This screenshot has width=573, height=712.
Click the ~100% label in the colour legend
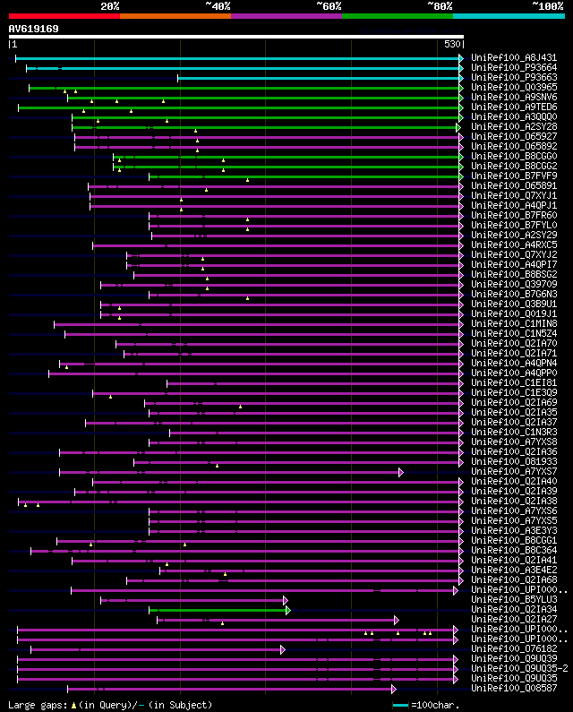pos(547,5)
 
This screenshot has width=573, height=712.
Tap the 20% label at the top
pos(110,5)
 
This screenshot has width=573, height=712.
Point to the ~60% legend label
pos(329,5)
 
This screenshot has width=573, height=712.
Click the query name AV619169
pos(34,29)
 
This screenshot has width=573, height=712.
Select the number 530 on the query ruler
pos(451,44)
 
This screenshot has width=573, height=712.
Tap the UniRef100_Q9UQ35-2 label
pos(518,669)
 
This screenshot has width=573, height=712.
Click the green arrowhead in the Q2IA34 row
pos(288,610)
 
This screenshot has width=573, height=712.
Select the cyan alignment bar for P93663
pos(318,78)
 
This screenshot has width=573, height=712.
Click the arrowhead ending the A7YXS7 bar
pos(401,472)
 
